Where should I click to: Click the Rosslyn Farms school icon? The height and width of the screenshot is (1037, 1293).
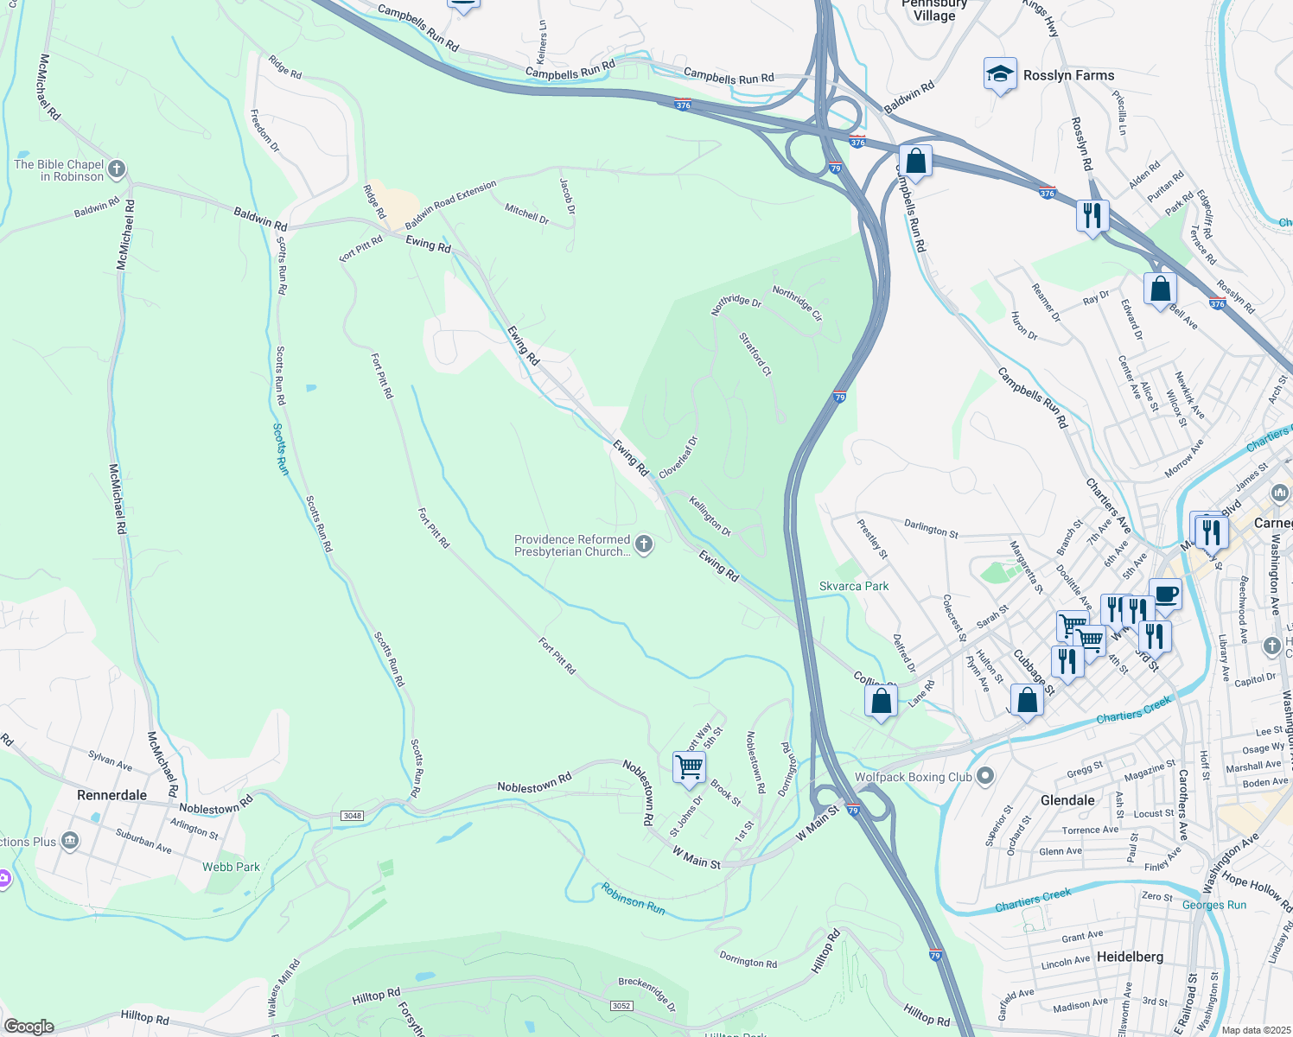tap(1000, 74)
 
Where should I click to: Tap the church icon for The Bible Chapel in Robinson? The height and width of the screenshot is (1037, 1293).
tap(118, 169)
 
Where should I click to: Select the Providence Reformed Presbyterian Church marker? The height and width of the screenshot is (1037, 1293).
tap(643, 544)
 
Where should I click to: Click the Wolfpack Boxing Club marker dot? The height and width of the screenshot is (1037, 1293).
tap(986, 776)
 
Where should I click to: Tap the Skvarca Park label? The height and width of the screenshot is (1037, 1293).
tap(854, 586)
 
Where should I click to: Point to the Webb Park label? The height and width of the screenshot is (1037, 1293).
tap(231, 867)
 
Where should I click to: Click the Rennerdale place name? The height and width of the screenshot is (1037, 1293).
tap(111, 795)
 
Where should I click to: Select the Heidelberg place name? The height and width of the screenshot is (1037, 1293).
tap(1130, 957)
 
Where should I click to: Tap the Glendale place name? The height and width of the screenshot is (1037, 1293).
tap(1067, 800)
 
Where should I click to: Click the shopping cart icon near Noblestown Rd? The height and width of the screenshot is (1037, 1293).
tap(689, 767)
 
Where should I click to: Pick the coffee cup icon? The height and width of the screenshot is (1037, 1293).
tap(1165, 595)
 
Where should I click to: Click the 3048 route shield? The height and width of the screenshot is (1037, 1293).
tap(352, 816)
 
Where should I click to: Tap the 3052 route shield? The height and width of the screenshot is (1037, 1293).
tap(621, 1005)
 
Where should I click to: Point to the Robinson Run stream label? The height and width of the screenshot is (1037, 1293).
tap(633, 898)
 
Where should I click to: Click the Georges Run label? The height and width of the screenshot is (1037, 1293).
tap(1213, 905)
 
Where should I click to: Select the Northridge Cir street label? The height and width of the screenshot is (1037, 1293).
tap(797, 303)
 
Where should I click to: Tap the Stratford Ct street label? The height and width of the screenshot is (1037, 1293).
tap(755, 354)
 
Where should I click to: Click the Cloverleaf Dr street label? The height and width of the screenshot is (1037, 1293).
tap(678, 457)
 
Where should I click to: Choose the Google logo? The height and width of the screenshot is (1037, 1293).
tap(29, 1027)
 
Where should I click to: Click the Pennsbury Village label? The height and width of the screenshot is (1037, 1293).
tap(934, 10)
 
